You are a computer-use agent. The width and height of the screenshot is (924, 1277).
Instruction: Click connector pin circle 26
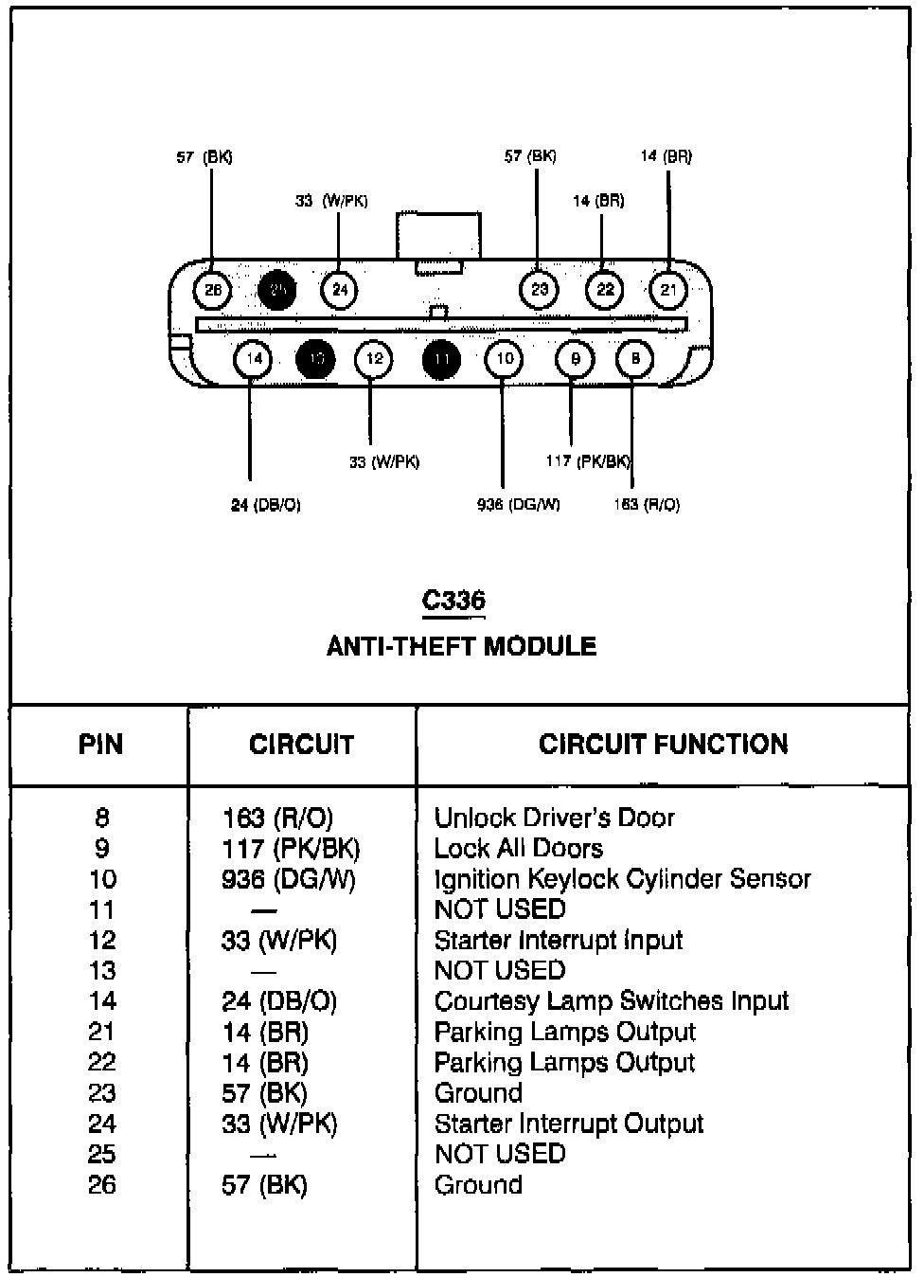tap(212, 290)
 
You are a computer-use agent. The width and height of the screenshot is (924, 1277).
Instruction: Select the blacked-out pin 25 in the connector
tap(277, 290)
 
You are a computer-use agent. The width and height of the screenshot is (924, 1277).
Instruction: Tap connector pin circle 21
tap(669, 290)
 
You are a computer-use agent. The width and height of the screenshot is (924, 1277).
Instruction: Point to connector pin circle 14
tap(254, 359)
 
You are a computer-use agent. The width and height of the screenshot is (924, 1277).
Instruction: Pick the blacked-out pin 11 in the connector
tap(442, 359)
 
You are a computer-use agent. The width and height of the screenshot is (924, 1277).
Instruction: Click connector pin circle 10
tap(505, 359)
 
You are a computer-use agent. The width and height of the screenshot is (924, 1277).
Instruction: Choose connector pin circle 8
tap(635, 359)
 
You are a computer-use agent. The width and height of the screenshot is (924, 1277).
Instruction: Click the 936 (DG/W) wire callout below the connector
tap(518, 505)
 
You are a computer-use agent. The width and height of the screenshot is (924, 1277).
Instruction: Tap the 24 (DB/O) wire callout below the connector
tap(266, 505)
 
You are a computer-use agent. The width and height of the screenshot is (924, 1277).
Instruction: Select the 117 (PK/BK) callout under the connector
tap(588, 461)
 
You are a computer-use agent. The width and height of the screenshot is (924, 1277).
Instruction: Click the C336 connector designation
tap(453, 601)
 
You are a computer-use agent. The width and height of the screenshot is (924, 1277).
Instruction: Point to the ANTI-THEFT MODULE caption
tap(461, 646)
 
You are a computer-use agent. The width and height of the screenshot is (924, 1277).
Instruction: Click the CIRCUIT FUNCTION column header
tap(663, 745)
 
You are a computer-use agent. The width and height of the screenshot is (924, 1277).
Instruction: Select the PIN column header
tap(100, 745)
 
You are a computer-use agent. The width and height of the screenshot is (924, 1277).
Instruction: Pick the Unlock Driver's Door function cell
tap(554, 818)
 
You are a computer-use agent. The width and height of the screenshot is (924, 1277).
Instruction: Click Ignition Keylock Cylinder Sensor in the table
tap(622, 879)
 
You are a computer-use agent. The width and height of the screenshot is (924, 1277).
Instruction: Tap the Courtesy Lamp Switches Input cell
tap(611, 1001)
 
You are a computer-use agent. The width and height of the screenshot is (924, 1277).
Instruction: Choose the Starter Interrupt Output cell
tap(568, 1124)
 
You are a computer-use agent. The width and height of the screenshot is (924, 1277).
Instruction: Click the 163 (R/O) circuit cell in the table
tap(277, 818)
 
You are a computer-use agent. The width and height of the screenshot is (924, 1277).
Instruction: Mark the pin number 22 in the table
tap(101, 1062)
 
